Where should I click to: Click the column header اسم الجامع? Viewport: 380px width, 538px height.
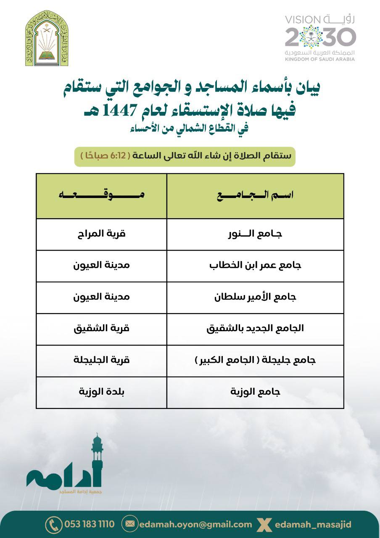(255, 195)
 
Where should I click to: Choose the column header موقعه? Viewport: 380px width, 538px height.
(101, 195)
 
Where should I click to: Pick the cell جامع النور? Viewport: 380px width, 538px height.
(255, 234)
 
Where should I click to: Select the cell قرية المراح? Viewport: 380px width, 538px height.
(101, 234)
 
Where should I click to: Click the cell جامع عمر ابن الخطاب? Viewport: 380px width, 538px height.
(255, 266)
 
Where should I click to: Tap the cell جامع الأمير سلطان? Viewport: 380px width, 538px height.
(255, 297)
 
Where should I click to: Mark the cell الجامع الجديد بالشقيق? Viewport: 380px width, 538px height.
(255, 329)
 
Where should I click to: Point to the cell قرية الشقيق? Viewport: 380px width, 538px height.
(101, 329)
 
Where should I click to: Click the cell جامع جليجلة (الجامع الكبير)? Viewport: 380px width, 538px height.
(255, 361)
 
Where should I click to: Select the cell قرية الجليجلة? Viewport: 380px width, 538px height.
(101, 361)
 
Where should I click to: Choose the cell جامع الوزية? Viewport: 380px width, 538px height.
(255, 392)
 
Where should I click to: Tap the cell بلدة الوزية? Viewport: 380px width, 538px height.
(101, 392)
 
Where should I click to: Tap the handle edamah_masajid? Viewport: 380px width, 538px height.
(313, 524)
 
